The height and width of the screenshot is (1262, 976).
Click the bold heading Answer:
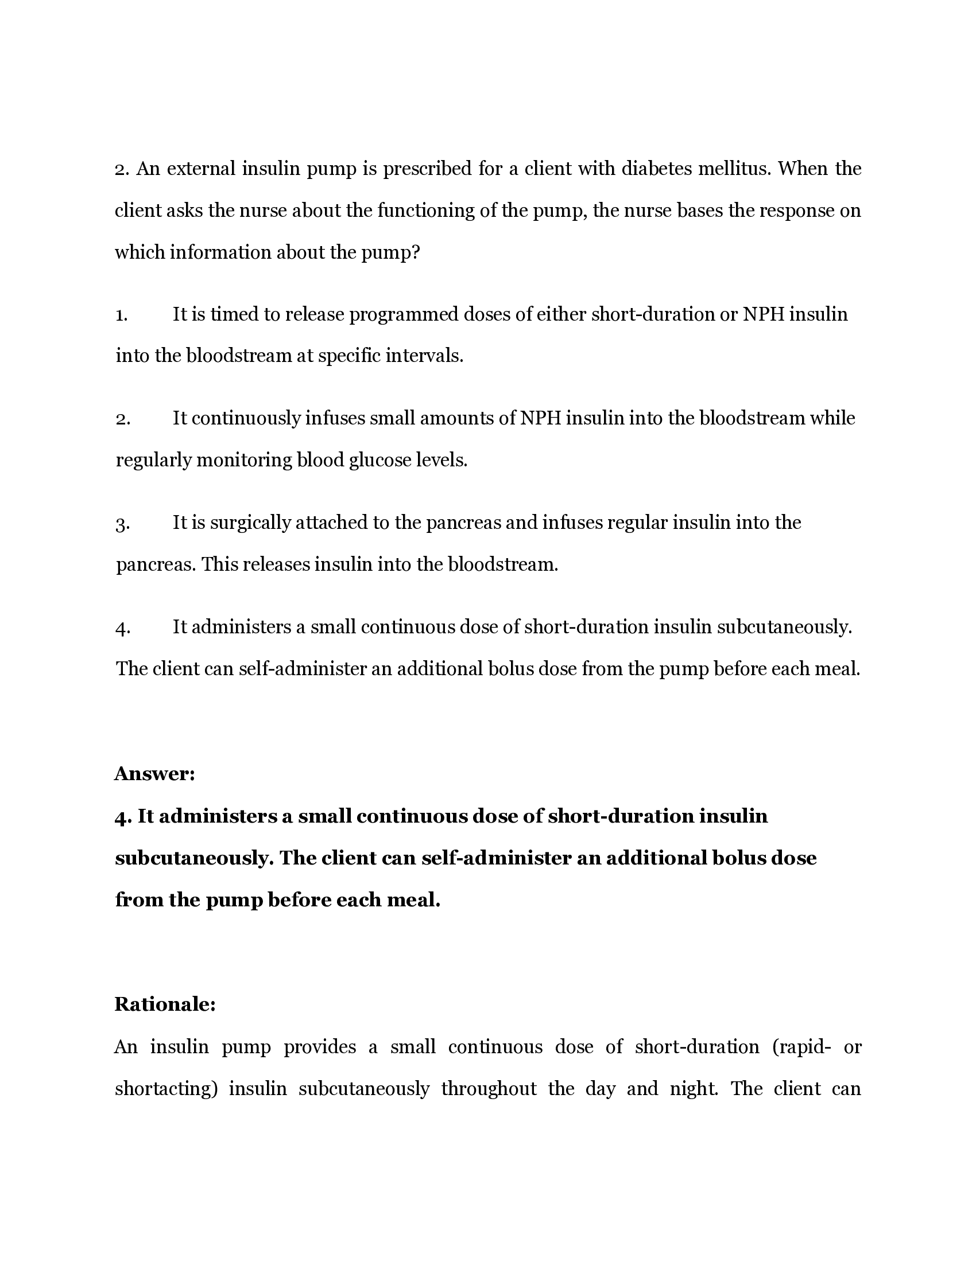pos(154,773)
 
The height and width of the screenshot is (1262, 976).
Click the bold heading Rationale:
pos(165,1004)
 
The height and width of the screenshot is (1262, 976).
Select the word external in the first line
pos(201,168)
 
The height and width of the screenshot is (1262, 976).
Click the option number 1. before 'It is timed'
pos(121,315)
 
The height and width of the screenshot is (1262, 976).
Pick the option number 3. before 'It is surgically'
pos(122,524)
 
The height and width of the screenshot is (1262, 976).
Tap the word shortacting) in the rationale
pos(166,1088)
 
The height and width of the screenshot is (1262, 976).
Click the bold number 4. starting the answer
pos(124,816)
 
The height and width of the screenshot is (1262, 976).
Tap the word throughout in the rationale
pos(489,1088)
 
